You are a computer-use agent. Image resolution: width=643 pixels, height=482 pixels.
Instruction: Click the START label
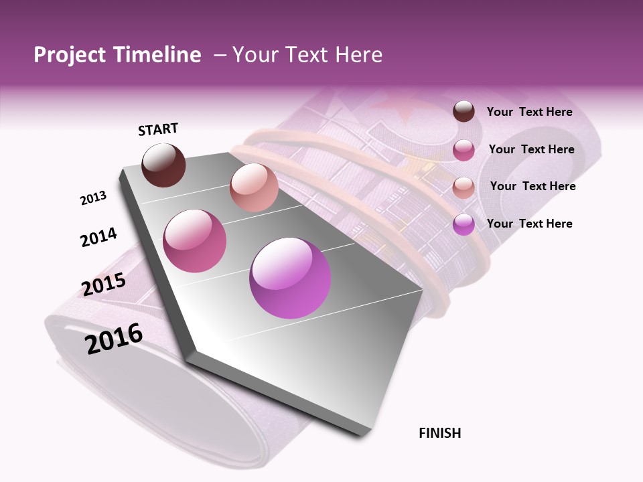coord(158,129)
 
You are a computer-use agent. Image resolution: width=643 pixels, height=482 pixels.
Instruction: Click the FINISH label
coord(439,433)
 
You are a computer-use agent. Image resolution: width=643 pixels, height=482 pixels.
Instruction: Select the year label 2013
coord(93,198)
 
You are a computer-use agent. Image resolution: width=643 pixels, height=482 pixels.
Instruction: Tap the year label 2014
coord(98,237)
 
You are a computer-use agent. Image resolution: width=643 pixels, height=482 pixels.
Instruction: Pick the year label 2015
coord(104,284)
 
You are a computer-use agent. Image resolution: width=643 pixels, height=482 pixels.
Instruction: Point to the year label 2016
coord(114,338)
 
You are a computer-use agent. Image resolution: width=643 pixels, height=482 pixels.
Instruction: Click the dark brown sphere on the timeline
coord(163,165)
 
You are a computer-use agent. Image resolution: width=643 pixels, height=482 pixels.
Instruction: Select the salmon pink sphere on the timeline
coord(254,187)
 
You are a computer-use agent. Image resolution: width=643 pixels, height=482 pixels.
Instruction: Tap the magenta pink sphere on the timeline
coord(195,241)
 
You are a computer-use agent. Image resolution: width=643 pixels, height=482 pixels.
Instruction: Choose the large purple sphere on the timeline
coord(290,278)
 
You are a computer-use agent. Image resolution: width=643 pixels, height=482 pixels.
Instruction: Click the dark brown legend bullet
coord(463,112)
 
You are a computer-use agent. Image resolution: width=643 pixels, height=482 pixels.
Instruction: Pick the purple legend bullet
coord(463,224)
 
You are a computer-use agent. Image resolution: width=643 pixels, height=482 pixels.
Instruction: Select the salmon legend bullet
coord(463,187)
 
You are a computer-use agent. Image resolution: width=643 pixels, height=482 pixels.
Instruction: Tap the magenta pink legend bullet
coord(463,150)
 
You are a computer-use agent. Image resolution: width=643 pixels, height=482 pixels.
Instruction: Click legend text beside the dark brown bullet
coord(529,112)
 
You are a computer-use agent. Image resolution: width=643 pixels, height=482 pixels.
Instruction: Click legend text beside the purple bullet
coord(529,224)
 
